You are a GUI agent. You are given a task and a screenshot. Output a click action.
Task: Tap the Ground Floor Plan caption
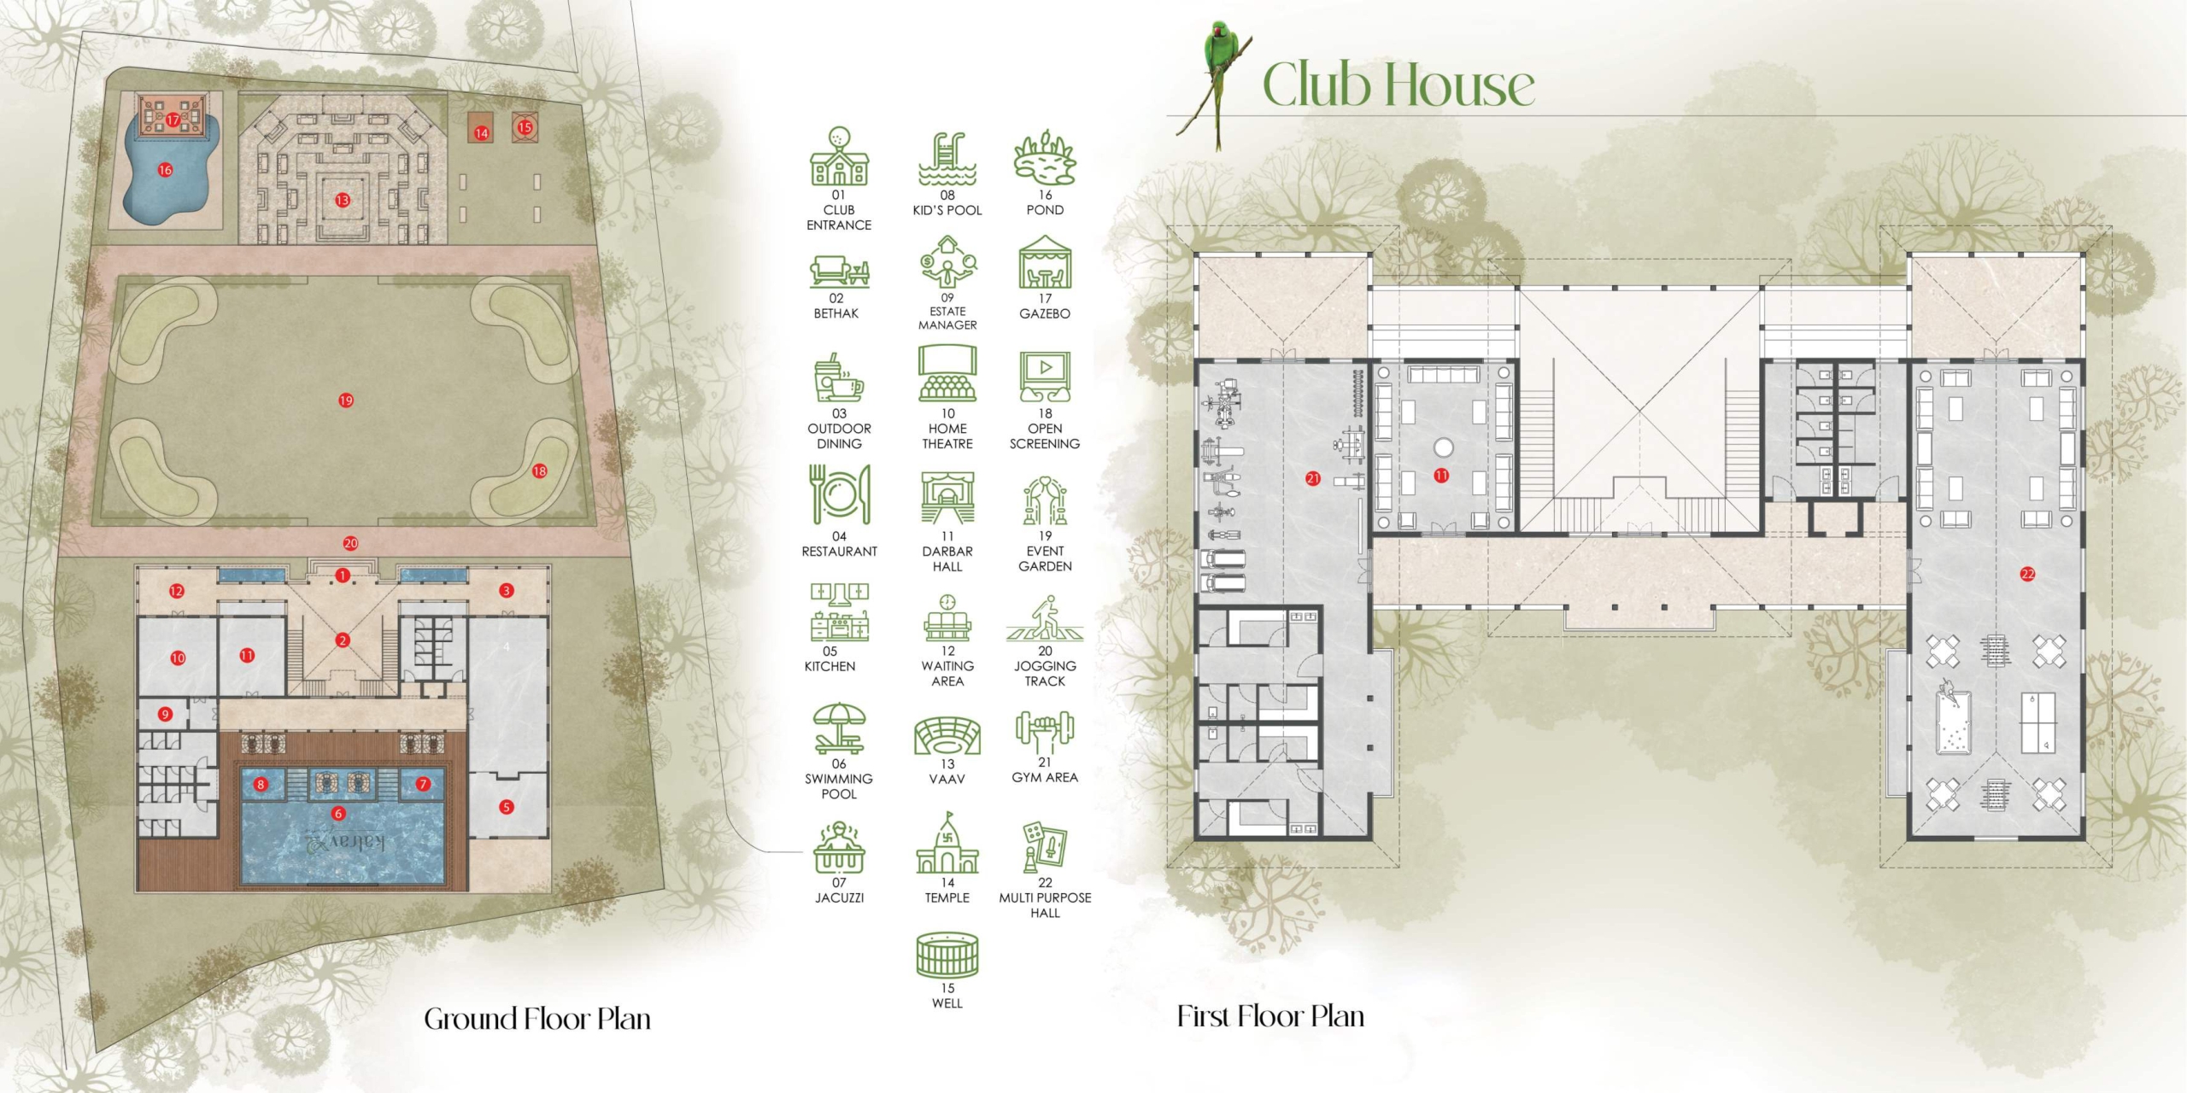coord(537,1019)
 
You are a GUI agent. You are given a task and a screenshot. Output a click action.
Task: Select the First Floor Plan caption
coord(1270,1016)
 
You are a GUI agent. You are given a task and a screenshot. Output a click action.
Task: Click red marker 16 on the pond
coord(165,170)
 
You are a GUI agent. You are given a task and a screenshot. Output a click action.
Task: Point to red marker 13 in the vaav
coord(343,201)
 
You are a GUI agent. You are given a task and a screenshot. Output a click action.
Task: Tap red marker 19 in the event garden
coord(346,400)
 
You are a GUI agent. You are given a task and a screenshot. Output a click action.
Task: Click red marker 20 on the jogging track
coord(350,543)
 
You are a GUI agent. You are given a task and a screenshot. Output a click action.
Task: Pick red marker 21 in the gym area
coord(1313,479)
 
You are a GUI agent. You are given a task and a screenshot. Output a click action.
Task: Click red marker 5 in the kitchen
coord(507,807)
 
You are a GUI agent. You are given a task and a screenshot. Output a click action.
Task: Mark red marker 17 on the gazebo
coord(173,120)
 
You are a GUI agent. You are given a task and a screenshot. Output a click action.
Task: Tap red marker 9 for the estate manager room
coord(165,714)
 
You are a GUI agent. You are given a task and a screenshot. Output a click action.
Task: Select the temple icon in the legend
coord(947,843)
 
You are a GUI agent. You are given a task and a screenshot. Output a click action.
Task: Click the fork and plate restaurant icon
coord(840,494)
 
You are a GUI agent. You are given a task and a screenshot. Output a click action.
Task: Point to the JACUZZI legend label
coord(839,898)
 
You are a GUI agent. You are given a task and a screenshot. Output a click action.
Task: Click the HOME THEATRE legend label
coord(947,436)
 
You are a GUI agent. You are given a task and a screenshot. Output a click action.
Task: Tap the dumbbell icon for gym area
coord(1044,732)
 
